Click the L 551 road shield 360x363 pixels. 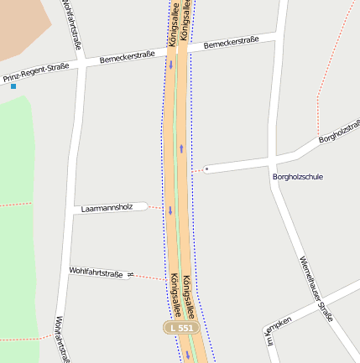181,328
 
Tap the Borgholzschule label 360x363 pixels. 297,177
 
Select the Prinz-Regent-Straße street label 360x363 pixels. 36,74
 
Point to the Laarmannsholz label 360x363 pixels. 107,207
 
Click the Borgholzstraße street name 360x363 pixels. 340,131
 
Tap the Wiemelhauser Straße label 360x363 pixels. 316,288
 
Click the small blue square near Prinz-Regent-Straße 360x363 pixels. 13,86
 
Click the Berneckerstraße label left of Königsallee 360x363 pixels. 127,58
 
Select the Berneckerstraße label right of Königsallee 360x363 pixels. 230,41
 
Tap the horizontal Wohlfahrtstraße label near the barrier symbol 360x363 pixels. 96,272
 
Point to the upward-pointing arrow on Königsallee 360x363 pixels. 181,149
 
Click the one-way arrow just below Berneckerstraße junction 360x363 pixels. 171,65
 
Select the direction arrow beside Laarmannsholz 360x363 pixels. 170,210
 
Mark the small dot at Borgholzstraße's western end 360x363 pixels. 206,169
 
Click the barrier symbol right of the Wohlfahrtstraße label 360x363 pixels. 130,274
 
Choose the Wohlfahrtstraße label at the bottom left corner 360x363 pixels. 61,339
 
